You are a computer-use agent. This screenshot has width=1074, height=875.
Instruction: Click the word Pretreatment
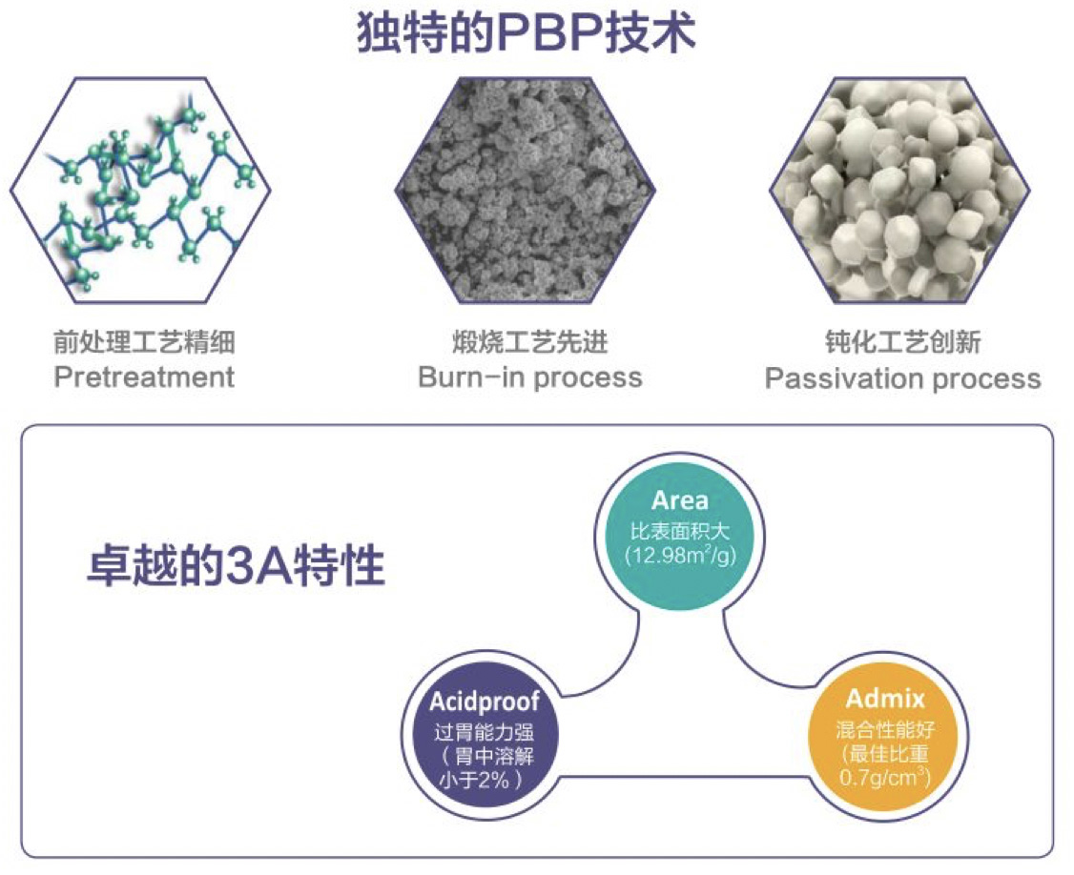coord(144,377)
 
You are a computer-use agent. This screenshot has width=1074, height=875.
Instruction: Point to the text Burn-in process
coord(530,377)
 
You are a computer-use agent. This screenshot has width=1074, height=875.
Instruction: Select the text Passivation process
coord(902,379)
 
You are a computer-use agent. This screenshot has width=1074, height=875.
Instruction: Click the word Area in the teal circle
coord(679,501)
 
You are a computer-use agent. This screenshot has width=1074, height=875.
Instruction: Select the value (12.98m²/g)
coord(679,554)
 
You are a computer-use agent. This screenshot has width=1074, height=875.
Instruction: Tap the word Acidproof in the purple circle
coord(484,702)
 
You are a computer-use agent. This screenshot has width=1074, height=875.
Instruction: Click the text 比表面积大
coord(679,528)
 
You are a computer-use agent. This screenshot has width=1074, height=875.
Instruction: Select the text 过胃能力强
coord(484,733)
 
